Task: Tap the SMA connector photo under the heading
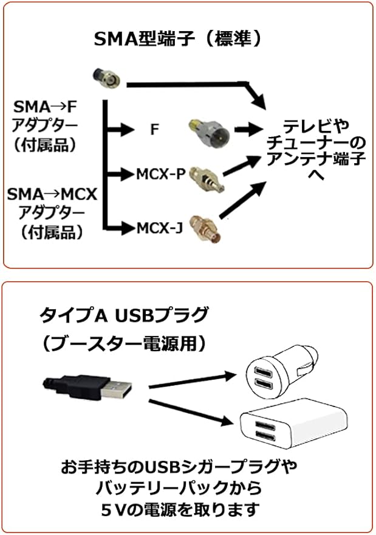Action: point(106,77)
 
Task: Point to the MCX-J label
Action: point(160,228)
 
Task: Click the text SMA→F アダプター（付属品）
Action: point(46,127)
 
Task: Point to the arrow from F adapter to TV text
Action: point(251,129)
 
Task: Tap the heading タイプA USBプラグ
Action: point(124,316)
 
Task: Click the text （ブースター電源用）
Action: point(124,344)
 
